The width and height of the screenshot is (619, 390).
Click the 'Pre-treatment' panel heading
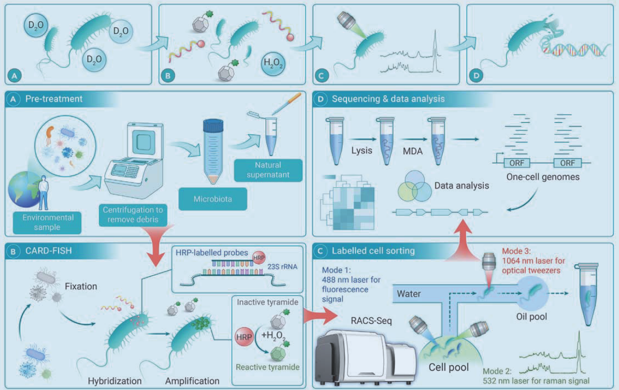point(54,99)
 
